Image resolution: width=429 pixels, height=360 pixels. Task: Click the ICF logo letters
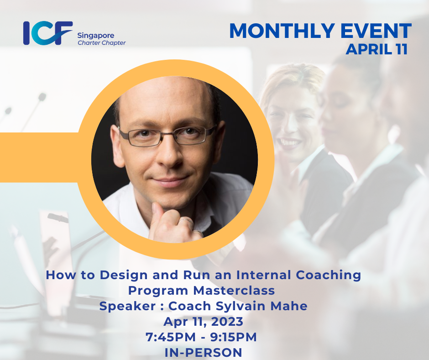click(x=47, y=33)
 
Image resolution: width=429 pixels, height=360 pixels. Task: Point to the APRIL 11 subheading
click(x=377, y=49)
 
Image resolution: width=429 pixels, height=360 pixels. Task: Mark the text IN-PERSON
click(x=204, y=352)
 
